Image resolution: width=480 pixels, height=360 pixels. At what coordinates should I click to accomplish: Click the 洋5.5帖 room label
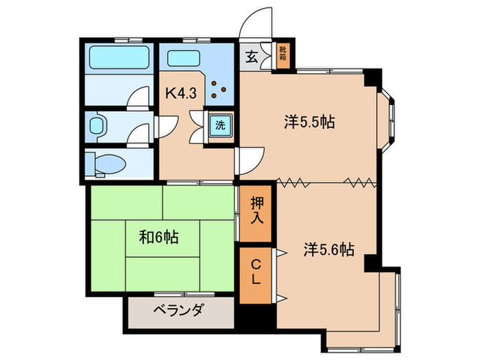pyautogui.click(x=309, y=123)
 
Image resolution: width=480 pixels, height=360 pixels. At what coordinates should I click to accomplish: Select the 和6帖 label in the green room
pyautogui.click(x=158, y=237)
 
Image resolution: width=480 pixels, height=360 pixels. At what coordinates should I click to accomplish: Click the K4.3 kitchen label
pyautogui.click(x=182, y=93)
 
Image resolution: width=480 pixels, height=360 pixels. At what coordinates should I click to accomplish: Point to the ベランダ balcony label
pyautogui.click(x=178, y=311)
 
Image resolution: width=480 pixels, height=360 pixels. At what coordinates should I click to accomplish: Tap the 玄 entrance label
pyautogui.click(x=251, y=57)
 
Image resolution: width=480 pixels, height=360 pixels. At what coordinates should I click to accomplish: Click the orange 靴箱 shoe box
pyautogui.click(x=283, y=56)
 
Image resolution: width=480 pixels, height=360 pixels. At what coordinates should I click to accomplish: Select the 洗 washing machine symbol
pyautogui.click(x=220, y=125)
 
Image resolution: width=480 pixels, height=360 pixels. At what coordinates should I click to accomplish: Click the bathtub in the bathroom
pyautogui.click(x=118, y=58)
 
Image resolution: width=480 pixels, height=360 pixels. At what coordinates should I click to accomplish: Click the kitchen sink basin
pyautogui.click(x=183, y=58)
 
